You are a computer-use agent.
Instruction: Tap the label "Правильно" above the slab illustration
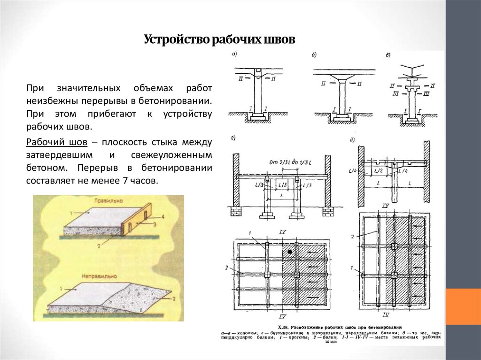point(109,200)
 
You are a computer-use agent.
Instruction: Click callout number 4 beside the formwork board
point(163,216)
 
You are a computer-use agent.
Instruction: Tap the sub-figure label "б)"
point(314,55)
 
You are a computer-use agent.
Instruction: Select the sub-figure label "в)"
point(388,55)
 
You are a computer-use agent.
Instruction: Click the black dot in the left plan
point(290,253)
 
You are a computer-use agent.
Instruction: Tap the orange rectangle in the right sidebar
point(463,306)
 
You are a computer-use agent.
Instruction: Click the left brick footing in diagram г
point(235,212)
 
